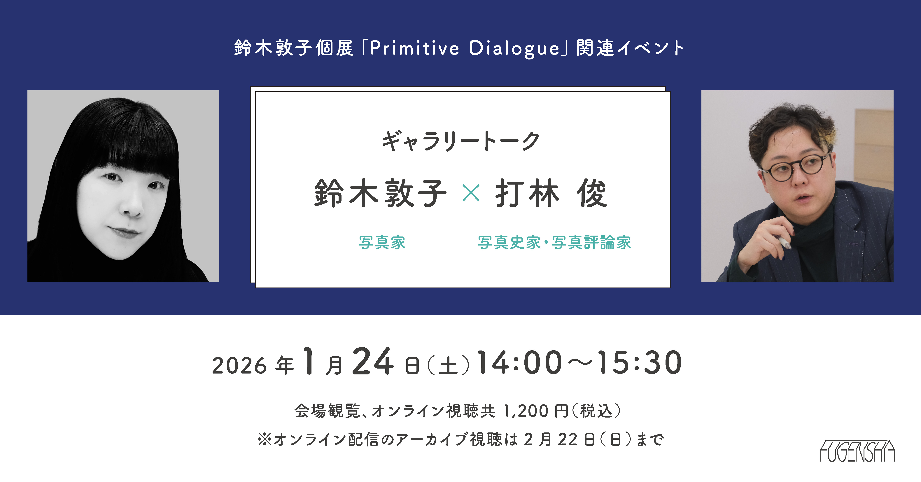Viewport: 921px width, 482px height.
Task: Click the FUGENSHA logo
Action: click(857, 451)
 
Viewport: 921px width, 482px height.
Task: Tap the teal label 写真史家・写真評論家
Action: click(554, 242)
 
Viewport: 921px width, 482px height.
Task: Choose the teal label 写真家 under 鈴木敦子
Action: click(382, 242)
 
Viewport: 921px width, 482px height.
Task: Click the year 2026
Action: click(239, 365)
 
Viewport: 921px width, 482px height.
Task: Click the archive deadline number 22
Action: click(568, 439)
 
